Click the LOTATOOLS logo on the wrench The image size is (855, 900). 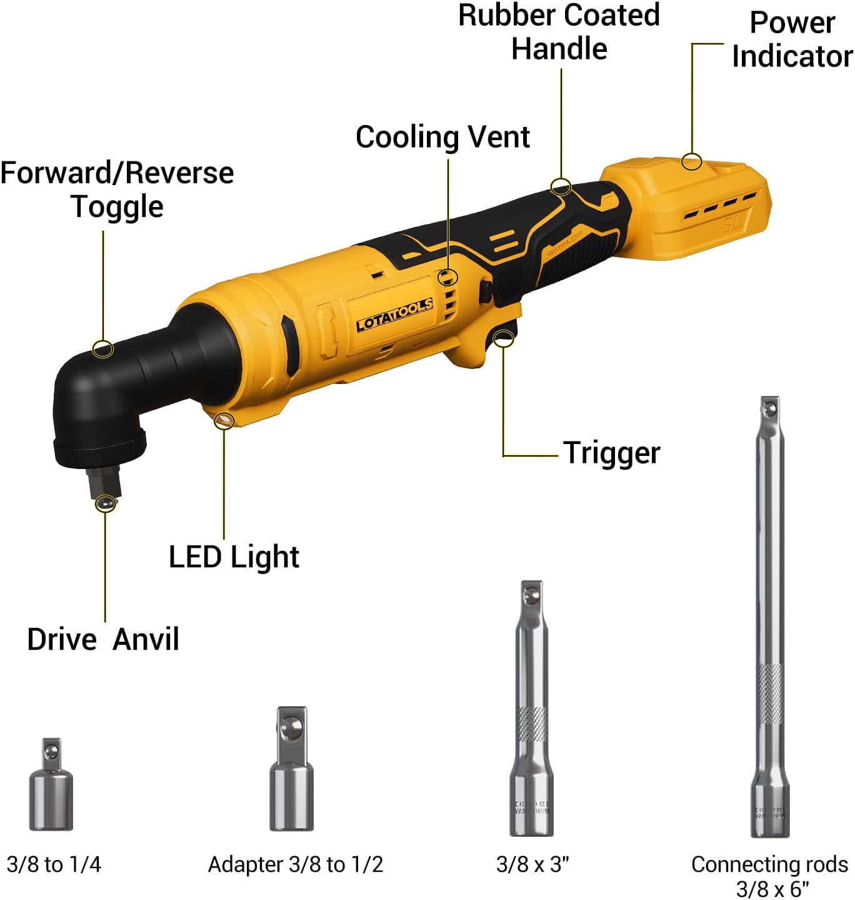tap(394, 315)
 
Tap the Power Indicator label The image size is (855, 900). tap(792, 39)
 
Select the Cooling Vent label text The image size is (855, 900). tap(442, 137)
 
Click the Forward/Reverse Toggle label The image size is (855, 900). tap(117, 190)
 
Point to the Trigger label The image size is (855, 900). tap(611, 453)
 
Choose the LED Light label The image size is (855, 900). tap(234, 557)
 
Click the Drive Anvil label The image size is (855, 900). tap(103, 639)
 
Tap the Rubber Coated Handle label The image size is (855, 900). tap(559, 32)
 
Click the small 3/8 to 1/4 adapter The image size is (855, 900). tap(51, 785)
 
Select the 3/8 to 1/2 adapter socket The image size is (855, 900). tap(292, 769)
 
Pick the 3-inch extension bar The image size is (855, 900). tap(531, 710)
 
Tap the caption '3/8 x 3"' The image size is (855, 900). tap(532, 864)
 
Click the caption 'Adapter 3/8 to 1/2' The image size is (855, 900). tap(295, 864)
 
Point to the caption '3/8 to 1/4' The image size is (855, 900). tap(54, 864)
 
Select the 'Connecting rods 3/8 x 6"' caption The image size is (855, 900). tap(769, 876)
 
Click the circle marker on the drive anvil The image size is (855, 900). tap(106, 503)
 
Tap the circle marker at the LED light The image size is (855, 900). tap(224, 420)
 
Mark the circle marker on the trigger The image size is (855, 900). tap(504, 338)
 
